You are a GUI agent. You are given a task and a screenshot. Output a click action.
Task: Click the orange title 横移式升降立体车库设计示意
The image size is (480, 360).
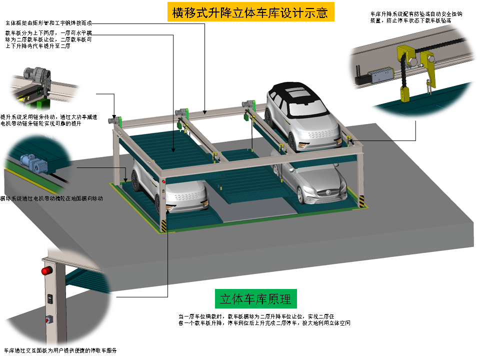[x=250, y=12]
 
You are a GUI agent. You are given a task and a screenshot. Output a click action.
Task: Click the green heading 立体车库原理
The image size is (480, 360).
[x=255, y=299]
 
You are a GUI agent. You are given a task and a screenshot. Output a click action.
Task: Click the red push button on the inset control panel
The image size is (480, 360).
[x=48, y=318]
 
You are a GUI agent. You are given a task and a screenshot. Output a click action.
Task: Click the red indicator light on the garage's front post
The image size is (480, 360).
[x=163, y=181]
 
